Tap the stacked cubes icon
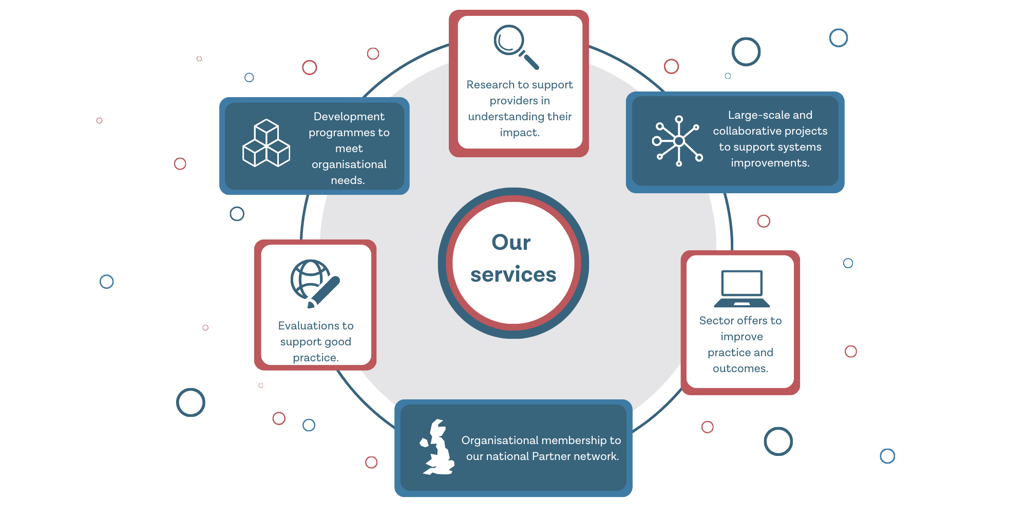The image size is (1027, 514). point(266,143)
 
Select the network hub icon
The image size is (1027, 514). point(678,141)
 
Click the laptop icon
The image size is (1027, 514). point(741,288)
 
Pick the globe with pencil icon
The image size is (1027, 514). point(314,283)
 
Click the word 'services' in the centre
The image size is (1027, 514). point(513,274)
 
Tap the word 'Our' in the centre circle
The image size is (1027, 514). point(511,242)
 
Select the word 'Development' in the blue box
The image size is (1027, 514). point(349,117)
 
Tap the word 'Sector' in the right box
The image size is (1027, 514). point(716,321)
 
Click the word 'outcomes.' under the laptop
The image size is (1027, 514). point(740,369)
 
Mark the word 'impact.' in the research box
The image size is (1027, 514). point(519,133)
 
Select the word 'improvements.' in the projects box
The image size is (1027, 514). point(770,163)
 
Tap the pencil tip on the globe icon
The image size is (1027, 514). point(311,305)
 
